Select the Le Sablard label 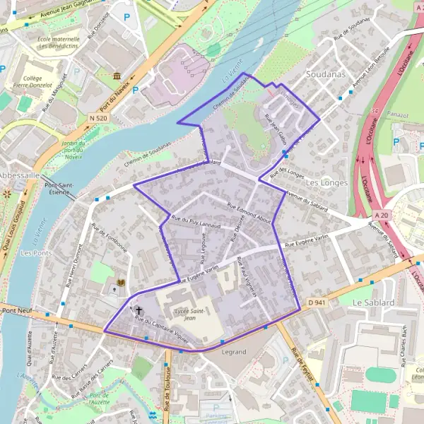[372, 302]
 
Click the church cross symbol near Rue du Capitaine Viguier [139, 310]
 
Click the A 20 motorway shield [382, 215]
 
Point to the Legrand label [233, 351]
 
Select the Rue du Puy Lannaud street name [196, 223]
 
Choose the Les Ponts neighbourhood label [37, 252]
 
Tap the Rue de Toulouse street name [168, 389]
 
